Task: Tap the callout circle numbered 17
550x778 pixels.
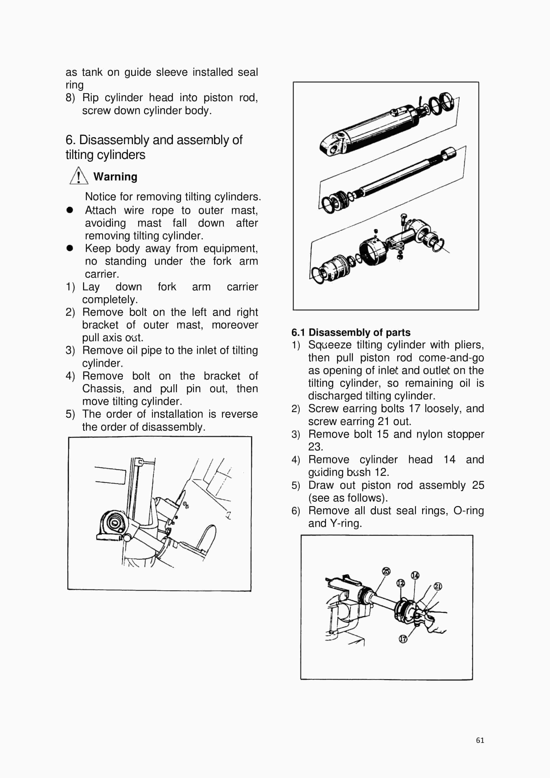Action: pyautogui.click(x=403, y=639)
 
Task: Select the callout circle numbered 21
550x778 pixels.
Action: pyautogui.click(x=438, y=586)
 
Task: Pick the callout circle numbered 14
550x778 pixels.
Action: pyautogui.click(x=415, y=575)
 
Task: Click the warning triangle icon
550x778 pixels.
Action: pyautogui.click(x=79, y=176)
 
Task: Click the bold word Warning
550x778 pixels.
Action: pyautogui.click(x=115, y=176)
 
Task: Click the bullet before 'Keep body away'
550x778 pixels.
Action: pyautogui.click(x=70, y=248)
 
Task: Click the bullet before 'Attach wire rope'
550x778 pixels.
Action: pyautogui.click(x=70, y=210)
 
